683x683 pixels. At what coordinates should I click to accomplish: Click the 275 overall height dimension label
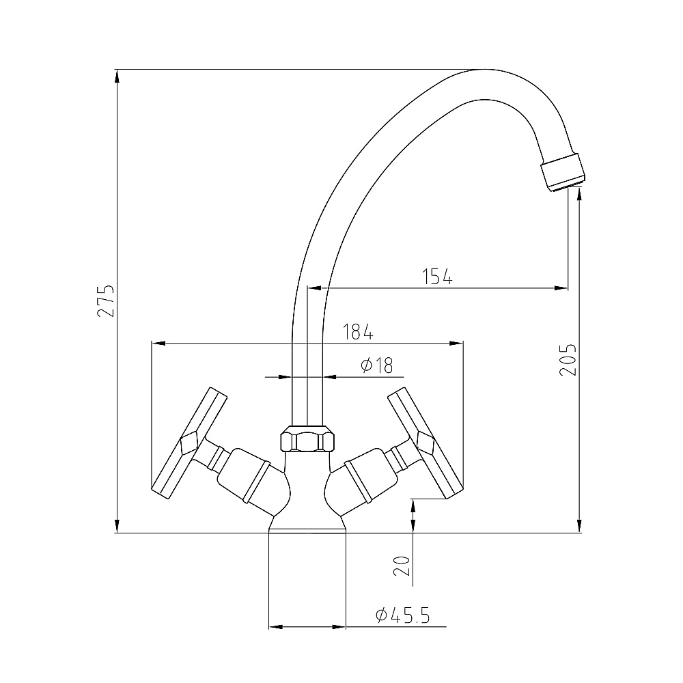click(106, 301)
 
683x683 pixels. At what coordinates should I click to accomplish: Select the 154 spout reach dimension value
click(438, 277)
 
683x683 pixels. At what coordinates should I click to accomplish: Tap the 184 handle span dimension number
click(358, 332)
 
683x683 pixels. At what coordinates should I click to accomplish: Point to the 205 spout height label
click(568, 360)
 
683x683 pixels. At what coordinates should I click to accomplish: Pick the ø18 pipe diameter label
click(377, 365)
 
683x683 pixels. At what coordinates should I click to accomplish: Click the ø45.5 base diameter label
click(402, 615)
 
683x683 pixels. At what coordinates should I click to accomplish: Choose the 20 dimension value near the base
click(402, 566)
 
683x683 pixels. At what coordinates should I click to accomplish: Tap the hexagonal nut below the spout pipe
click(308, 439)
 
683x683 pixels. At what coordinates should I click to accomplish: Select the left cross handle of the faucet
click(189, 443)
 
